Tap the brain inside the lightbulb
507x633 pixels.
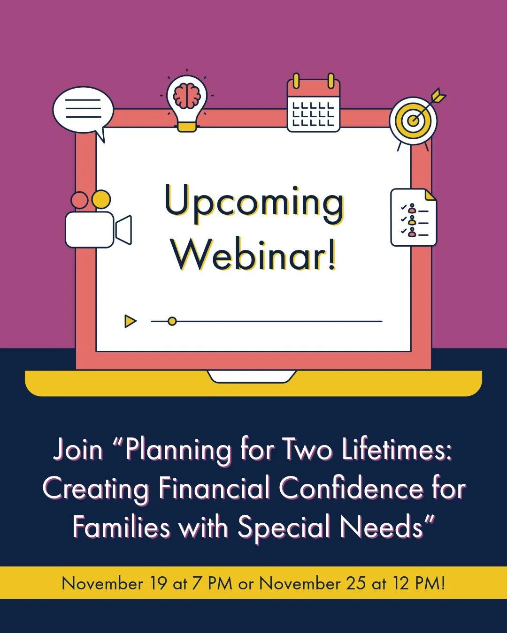coord(187,95)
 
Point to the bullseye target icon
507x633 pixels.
coord(413,121)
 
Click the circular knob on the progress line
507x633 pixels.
coord(172,321)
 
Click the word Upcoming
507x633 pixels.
coord(253,203)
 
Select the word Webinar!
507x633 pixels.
coord(253,256)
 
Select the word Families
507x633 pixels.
coord(121,527)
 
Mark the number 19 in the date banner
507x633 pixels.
coord(158,583)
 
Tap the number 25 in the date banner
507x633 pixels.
coord(356,583)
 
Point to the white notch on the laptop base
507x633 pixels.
coord(252,377)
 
